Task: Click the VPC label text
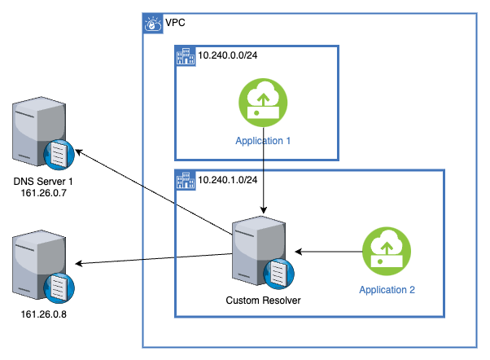tap(175, 23)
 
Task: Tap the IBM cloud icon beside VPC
tap(153, 24)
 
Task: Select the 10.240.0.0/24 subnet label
tap(229, 57)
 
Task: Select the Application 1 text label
tap(263, 141)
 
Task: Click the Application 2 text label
tap(387, 288)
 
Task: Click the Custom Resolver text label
tap(263, 301)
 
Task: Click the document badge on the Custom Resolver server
tap(278, 274)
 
